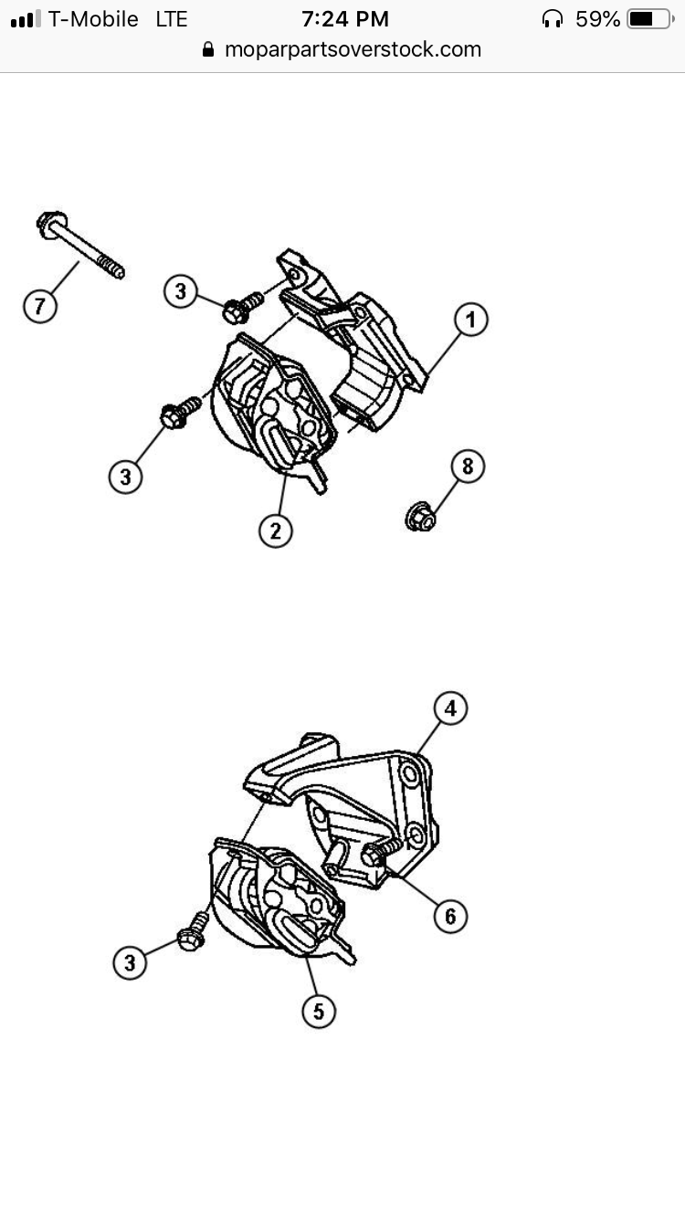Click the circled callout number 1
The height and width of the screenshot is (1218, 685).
click(470, 320)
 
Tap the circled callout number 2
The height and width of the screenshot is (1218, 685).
click(275, 530)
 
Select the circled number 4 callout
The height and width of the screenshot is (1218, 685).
click(450, 709)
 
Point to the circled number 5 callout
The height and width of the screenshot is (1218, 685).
click(318, 1012)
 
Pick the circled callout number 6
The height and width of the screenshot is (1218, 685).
click(450, 916)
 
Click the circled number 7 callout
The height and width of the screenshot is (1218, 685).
click(40, 306)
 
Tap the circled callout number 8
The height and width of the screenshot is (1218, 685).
click(468, 466)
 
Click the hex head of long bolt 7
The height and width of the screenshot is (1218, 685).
click(51, 224)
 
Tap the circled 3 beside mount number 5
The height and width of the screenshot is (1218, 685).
click(130, 963)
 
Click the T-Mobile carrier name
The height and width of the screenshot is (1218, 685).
click(93, 19)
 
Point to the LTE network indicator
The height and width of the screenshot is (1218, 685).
click(172, 19)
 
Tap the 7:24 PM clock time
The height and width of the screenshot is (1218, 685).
click(345, 19)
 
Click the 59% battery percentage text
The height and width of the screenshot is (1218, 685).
click(597, 19)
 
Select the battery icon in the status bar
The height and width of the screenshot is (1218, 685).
click(650, 19)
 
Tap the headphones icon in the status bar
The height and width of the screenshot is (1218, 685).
click(553, 20)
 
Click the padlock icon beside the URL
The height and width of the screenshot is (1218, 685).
click(208, 49)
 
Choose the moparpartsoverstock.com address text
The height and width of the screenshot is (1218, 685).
click(353, 50)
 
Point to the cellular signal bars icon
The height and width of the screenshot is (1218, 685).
click(26, 19)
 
